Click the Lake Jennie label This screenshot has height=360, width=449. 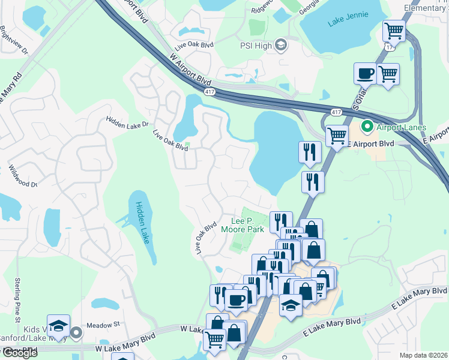(348, 23)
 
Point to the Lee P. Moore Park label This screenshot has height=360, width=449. (243, 224)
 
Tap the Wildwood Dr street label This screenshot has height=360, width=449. (23, 176)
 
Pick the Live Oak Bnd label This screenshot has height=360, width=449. (194, 46)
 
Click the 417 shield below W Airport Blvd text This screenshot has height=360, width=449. (209, 92)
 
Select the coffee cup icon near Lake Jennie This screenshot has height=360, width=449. (366, 74)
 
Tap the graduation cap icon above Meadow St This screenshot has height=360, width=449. (58, 326)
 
